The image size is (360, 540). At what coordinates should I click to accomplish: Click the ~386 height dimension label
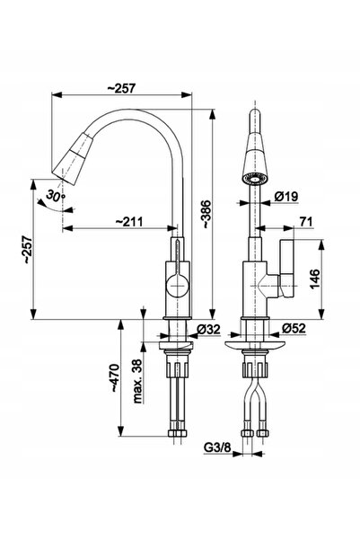point(206,214)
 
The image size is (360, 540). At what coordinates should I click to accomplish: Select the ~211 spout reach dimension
point(128,221)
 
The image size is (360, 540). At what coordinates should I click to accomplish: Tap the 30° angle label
point(56,196)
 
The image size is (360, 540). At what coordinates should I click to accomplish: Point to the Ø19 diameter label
point(286,197)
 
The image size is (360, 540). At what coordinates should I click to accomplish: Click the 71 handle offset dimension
point(305,222)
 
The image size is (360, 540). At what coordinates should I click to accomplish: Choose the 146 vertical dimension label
point(314,279)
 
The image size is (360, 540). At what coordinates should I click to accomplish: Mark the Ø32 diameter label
point(208,329)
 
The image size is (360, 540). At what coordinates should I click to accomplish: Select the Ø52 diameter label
point(294,328)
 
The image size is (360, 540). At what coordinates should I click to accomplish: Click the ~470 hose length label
point(114,377)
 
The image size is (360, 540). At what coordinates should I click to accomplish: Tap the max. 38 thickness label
point(137,381)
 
